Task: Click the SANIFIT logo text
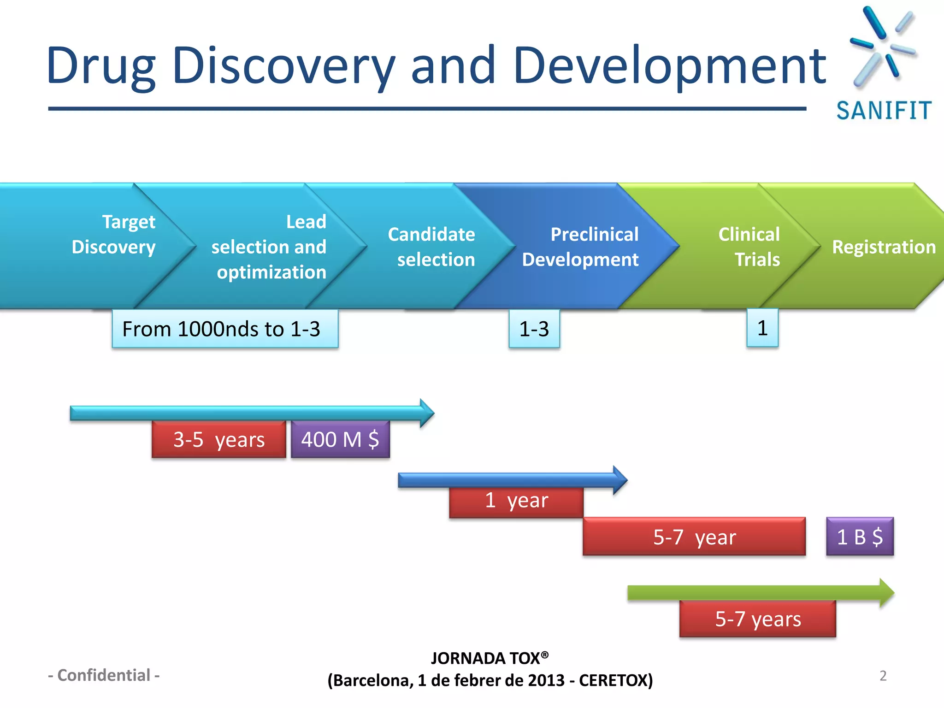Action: tap(884, 111)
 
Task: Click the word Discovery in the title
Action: tap(283, 66)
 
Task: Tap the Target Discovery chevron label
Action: tap(114, 235)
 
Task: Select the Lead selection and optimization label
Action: tap(269, 247)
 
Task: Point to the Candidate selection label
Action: tap(432, 247)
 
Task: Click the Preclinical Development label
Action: tap(581, 247)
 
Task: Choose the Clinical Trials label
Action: tap(749, 247)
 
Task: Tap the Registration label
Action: tap(884, 247)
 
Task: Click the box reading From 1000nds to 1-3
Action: tap(225, 329)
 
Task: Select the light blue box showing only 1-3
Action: tap(534, 329)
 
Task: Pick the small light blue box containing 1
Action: tap(762, 328)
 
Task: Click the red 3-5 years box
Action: tap(219, 440)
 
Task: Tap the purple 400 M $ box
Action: tap(340, 440)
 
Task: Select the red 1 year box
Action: tap(516, 501)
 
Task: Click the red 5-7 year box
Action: tap(694, 537)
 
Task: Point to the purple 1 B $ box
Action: tap(860, 537)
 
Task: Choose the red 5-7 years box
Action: tap(758, 619)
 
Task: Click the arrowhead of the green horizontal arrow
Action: tap(886, 593)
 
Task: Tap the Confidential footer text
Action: tap(104, 675)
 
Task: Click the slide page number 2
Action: tap(883, 676)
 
